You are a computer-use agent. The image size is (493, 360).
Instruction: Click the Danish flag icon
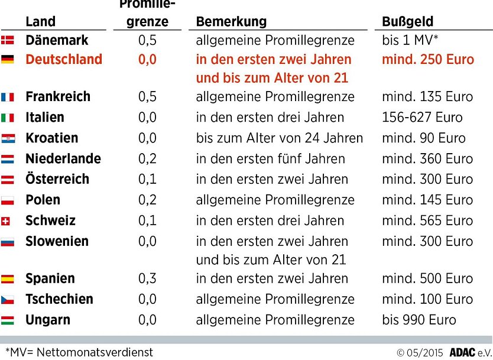(x=8, y=41)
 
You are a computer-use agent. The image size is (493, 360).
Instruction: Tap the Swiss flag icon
(x=7, y=222)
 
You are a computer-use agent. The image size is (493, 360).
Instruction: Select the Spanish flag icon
(x=8, y=279)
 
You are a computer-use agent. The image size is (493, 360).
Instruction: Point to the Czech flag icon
(x=8, y=300)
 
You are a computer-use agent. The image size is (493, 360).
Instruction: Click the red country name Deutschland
(x=64, y=60)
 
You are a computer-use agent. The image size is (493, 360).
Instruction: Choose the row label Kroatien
(x=51, y=138)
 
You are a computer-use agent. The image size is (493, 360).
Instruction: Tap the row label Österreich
(x=57, y=179)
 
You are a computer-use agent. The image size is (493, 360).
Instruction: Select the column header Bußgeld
(x=408, y=22)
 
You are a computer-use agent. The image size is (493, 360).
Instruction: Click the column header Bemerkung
(x=231, y=22)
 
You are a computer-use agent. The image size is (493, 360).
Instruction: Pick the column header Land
(x=40, y=22)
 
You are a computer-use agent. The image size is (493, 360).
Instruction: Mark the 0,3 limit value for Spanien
(x=147, y=279)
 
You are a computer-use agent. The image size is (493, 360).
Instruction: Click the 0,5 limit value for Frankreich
(x=147, y=97)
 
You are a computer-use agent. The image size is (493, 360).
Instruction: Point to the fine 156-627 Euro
(x=422, y=118)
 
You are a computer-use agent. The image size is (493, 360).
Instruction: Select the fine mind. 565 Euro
(x=427, y=221)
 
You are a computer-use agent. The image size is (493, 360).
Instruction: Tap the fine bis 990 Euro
(x=419, y=320)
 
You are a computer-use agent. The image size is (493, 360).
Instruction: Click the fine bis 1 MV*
(x=410, y=41)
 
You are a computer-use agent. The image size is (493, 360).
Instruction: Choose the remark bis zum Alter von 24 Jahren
(x=280, y=138)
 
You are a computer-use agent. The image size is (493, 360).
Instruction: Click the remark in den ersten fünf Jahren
(x=270, y=159)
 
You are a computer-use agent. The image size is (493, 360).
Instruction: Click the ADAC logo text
(x=462, y=352)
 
